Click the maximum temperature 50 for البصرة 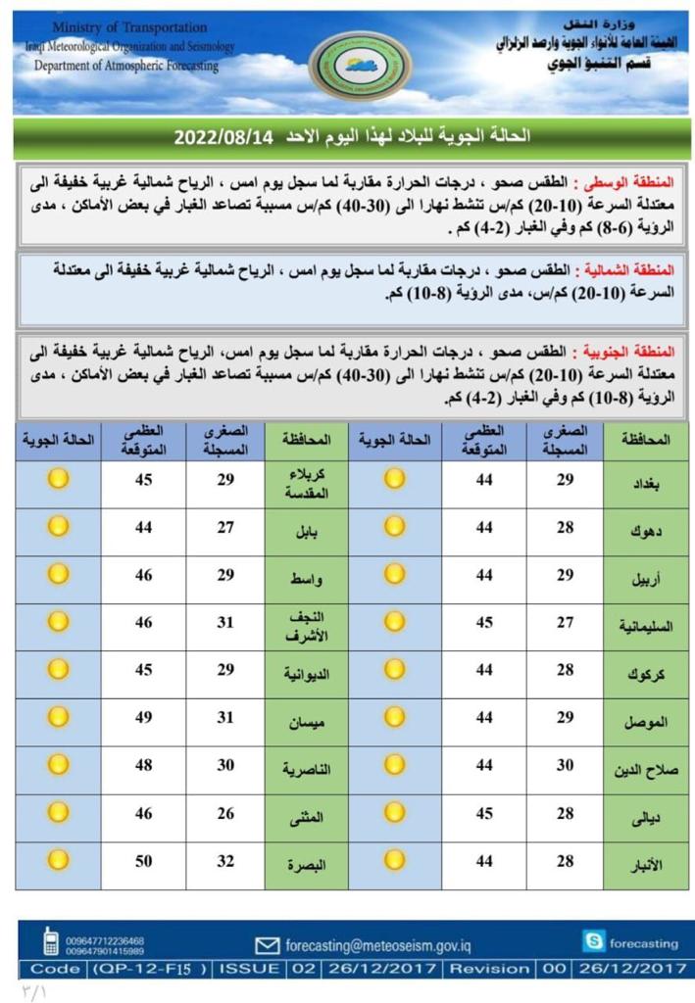[x=144, y=861]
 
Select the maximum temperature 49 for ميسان [x=144, y=718]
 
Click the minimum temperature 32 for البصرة [x=225, y=861]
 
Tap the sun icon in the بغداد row [x=394, y=479]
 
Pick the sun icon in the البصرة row [x=59, y=861]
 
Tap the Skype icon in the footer [x=593, y=942]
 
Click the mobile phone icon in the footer [x=50, y=941]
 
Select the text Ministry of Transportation [x=129, y=27]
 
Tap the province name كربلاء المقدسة [x=307, y=484]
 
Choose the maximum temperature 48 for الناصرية [x=144, y=766]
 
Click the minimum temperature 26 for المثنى [x=225, y=813]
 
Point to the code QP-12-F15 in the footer [x=150, y=969]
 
